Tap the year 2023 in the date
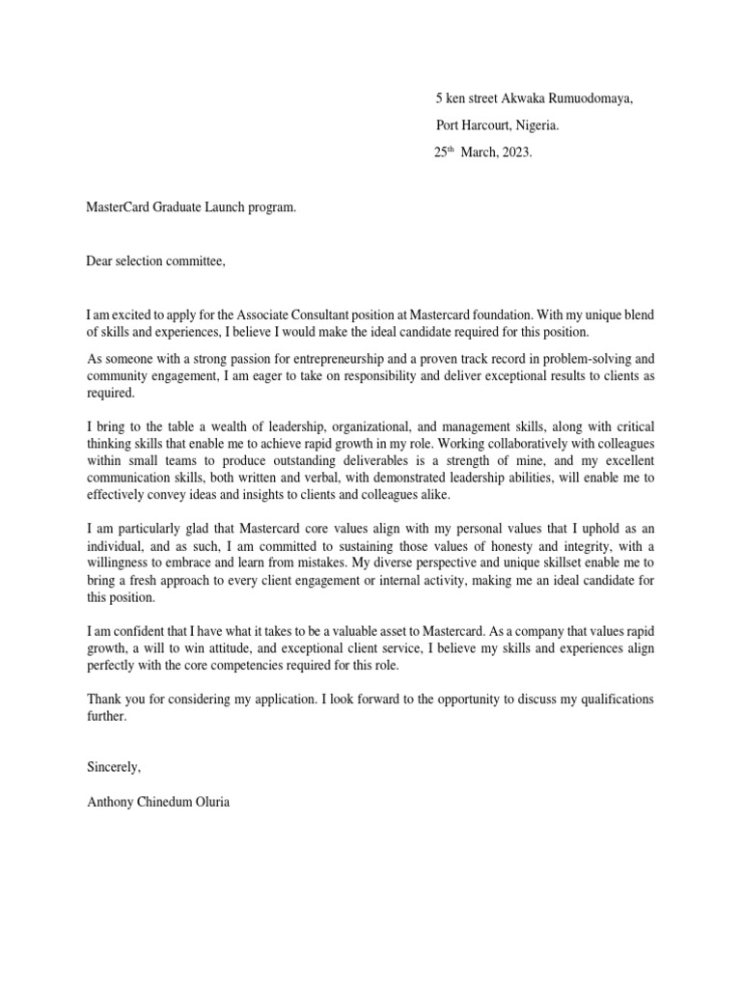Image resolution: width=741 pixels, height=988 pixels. pos(514,152)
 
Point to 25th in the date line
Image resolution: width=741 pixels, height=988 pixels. pos(445,152)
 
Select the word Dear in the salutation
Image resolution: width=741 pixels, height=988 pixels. pos(100,261)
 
